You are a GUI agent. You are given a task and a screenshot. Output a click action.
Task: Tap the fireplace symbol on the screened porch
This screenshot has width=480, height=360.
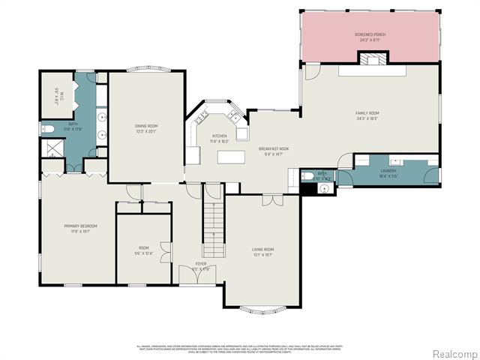tap(381, 58)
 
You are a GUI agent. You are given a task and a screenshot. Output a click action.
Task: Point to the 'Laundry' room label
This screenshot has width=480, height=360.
tap(388, 170)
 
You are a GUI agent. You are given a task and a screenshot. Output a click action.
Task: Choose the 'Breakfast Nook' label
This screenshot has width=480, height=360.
tap(274, 148)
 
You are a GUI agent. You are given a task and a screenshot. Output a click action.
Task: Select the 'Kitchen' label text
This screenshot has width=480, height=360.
tap(219, 136)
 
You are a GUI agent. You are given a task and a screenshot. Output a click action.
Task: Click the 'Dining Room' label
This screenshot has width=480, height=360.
tap(145, 127)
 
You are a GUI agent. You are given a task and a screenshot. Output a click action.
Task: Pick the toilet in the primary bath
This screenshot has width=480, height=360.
tap(47, 130)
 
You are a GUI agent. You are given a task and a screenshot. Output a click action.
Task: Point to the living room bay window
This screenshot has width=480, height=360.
tap(262, 307)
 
